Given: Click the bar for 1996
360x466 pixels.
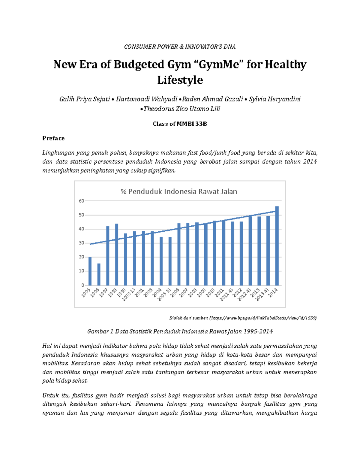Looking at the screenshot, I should [99, 274].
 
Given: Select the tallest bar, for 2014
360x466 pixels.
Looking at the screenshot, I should [277, 246].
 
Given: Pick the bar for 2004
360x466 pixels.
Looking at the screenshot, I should [161, 261].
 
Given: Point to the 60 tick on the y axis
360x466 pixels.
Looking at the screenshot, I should [82, 201].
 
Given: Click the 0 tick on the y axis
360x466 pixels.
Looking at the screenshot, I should [83, 285].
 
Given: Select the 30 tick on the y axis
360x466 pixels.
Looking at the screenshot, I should [82, 243].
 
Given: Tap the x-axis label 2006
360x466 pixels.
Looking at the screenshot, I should [175, 293].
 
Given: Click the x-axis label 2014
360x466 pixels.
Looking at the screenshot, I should [273, 293].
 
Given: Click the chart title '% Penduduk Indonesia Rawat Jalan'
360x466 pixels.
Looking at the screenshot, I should [179, 191].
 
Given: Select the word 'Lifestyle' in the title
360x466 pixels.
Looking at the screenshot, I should [180, 80].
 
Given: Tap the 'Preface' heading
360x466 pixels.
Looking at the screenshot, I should [53, 138].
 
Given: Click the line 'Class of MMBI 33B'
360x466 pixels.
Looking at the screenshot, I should [180, 124].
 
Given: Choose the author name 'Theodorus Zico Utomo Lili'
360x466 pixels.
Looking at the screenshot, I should [181, 109].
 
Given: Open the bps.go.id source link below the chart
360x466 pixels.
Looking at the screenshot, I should [263, 318].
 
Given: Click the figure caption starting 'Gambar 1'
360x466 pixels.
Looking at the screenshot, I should [180, 332].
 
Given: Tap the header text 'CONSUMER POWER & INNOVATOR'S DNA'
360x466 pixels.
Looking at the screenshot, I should [180, 47].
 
